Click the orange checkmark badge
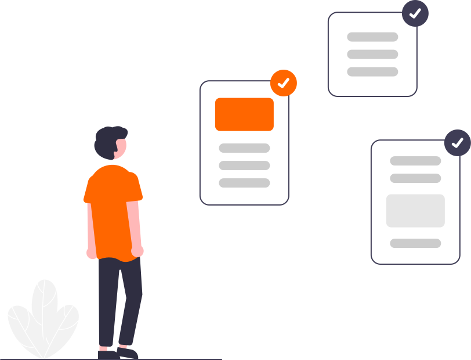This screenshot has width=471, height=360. click(x=283, y=83)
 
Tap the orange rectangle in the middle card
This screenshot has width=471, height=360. click(x=244, y=114)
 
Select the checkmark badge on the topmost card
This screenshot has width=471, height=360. click(x=415, y=13)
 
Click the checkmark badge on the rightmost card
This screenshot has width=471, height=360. click(x=457, y=142)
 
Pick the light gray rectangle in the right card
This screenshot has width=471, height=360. click(x=415, y=210)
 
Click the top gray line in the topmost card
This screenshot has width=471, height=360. click(x=372, y=37)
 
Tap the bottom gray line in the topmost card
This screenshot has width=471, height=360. click(x=372, y=71)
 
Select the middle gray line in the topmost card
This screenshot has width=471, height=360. click(x=372, y=54)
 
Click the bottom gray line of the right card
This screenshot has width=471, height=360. click(x=415, y=243)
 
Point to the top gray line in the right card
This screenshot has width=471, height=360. click(x=415, y=161)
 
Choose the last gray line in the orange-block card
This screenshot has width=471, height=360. click(x=244, y=183)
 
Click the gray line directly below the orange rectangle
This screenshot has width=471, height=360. click(x=244, y=148)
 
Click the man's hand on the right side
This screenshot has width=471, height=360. click(x=137, y=251)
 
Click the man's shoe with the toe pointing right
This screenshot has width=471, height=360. click(x=128, y=352)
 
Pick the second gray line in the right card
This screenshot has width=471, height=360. click(x=415, y=178)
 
